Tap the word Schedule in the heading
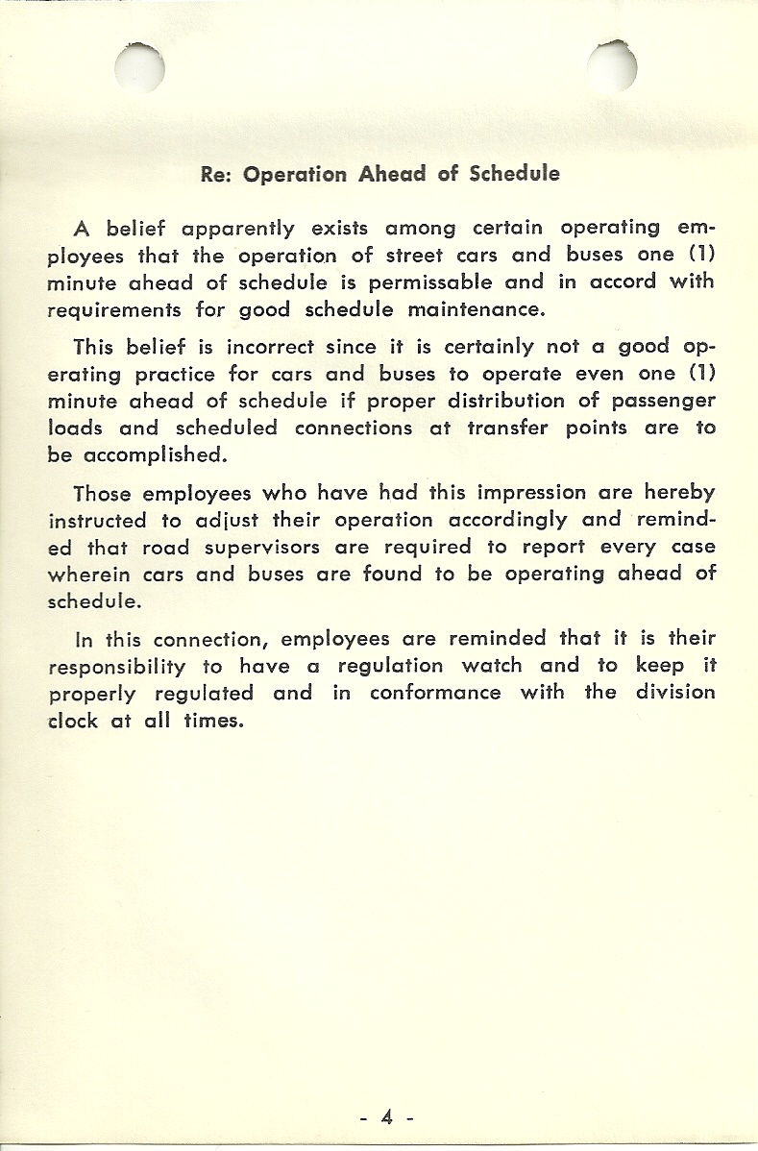[x=514, y=175]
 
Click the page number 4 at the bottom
[x=387, y=1117]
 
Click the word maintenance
[x=476, y=309]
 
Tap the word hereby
[x=680, y=493]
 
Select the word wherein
[x=93, y=574]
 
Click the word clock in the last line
[x=73, y=720]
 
